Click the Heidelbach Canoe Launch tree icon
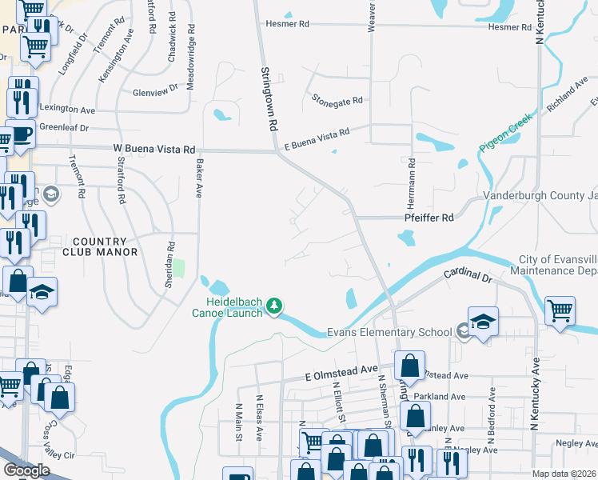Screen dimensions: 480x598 (274, 306)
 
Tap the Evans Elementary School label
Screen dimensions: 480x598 (389, 332)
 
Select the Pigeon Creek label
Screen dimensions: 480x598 (505, 134)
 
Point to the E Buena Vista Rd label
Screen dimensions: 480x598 (317, 138)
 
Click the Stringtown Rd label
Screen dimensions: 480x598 (268, 99)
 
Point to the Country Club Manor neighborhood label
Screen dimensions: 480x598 (100, 246)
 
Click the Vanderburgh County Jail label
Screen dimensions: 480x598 (540, 197)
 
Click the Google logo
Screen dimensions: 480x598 (26, 470)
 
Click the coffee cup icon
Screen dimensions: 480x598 (22, 133)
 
